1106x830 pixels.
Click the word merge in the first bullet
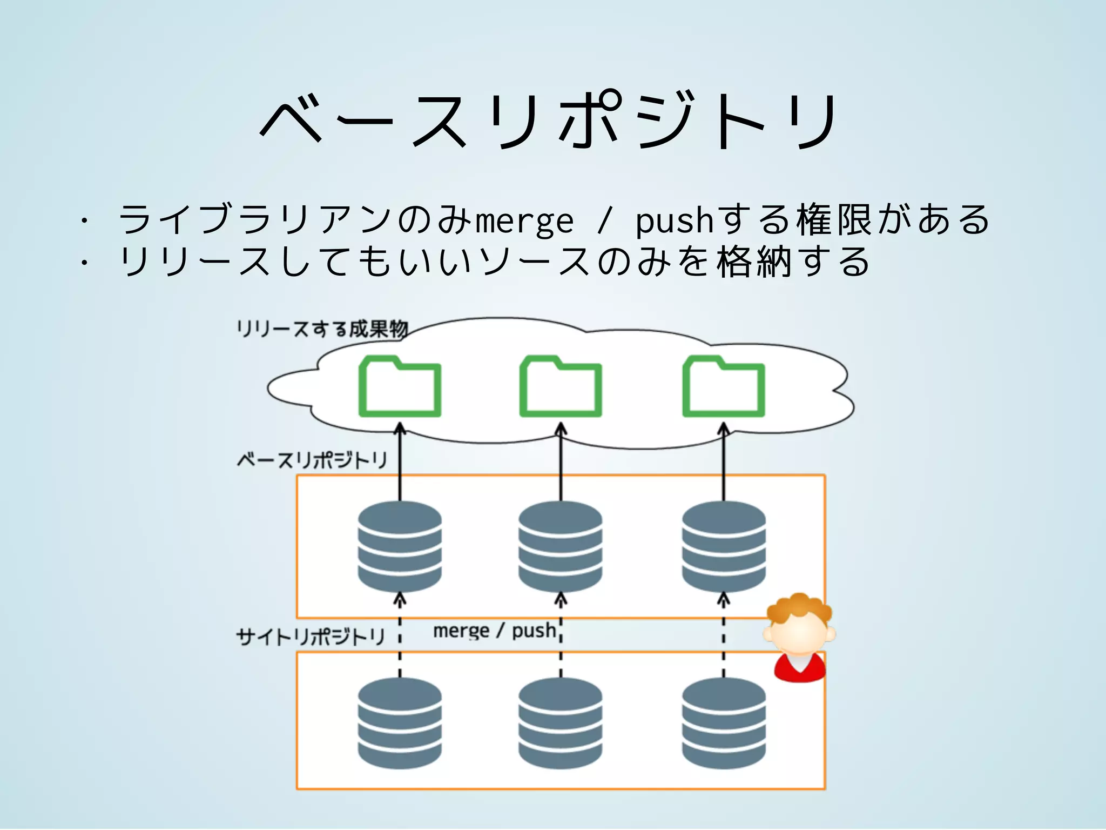click(x=524, y=221)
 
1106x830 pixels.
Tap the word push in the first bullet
click(x=675, y=221)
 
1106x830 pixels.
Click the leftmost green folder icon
click(x=400, y=386)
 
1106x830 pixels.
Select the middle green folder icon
click(x=561, y=386)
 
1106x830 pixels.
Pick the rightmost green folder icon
click(x=724, y=386)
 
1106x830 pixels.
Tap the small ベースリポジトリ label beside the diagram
click(x=312, y=460)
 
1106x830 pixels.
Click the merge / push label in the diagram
click(x=494, y=631)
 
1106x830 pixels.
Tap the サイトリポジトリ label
click(x=311, y=637)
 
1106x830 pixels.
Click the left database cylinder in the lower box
click(x=400, y=723)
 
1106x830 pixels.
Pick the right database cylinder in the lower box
click(x=724, y=723)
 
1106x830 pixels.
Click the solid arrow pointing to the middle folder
click(x=561, y=465)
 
